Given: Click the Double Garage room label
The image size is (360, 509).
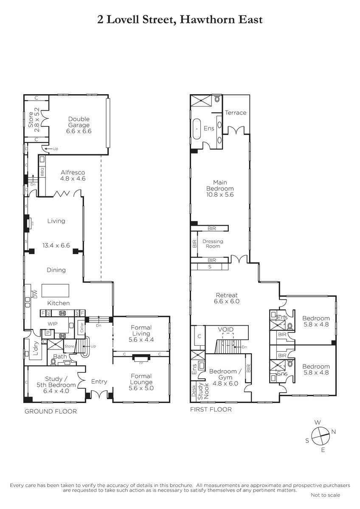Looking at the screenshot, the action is point(79,125).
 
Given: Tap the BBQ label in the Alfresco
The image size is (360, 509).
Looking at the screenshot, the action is point(42,172).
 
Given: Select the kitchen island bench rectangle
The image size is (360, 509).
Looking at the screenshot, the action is point(55,291).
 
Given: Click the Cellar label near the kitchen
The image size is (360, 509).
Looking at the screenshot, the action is point(82,327).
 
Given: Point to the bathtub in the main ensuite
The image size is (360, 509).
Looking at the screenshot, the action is point(197,129).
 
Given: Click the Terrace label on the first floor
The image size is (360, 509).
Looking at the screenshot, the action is point(235,113).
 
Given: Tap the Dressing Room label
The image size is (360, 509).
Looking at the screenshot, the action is point(213,243).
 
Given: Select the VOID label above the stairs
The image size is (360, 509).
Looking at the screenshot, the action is point(225,329).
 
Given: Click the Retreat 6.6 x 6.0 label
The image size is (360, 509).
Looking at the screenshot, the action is point(227,298).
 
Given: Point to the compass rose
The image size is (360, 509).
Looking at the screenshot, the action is point(320,437).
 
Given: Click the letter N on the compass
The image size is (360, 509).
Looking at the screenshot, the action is point(333,432).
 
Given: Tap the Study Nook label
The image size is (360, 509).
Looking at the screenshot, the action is point(203,391).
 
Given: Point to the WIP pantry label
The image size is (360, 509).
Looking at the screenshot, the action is point(52,324).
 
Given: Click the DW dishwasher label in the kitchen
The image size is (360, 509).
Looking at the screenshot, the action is point(35,294).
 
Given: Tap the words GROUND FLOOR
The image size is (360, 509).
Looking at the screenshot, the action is point(51,411).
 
